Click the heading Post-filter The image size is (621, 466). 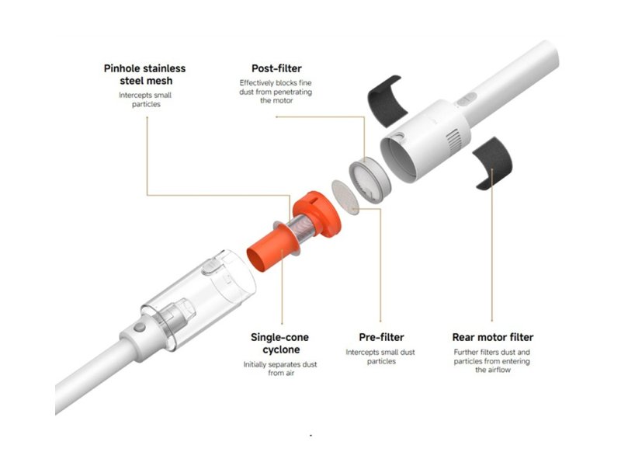276,68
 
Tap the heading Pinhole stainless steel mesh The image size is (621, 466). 145,75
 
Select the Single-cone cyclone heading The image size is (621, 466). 280,343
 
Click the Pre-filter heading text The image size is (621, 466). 381,337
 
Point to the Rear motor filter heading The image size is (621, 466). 493,337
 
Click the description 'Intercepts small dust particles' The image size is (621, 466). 380,356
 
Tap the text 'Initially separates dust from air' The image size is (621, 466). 280,368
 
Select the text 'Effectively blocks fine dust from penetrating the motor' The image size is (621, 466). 276,92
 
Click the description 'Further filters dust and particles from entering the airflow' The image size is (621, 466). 492,361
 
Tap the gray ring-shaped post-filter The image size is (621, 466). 369,180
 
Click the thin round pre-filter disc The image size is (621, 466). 345,197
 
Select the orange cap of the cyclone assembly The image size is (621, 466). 317,214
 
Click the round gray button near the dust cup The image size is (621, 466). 140,327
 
